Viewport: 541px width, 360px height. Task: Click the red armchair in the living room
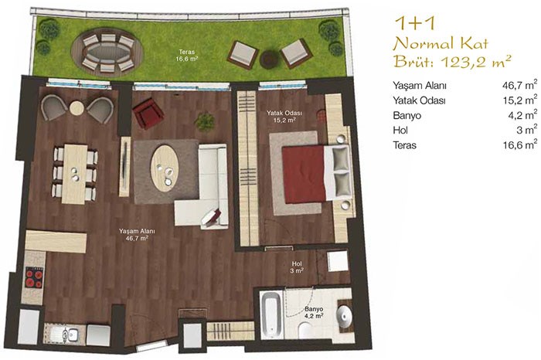(148, 113)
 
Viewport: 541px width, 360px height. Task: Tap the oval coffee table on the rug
(165, 168)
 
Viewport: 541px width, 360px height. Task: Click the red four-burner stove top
(35, 277)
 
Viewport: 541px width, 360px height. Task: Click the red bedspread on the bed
(305, 174)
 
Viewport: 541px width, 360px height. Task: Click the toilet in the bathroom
(306, 331)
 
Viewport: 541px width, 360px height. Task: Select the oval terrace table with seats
(107, 53)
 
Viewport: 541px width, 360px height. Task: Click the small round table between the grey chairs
(77, 108)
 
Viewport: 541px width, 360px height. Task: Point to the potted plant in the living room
(205, 121)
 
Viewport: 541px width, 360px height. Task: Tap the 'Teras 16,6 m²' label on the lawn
(188, 55)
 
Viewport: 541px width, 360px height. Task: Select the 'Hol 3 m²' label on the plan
(297, 267)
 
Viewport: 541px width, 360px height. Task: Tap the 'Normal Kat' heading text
(441, 44)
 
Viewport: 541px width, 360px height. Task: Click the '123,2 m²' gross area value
(475, 61)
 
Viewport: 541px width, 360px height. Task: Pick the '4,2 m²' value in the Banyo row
(522, 115)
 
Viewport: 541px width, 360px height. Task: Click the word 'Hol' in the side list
(400, 130)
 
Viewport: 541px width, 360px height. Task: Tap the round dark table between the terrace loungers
(270, 58)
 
